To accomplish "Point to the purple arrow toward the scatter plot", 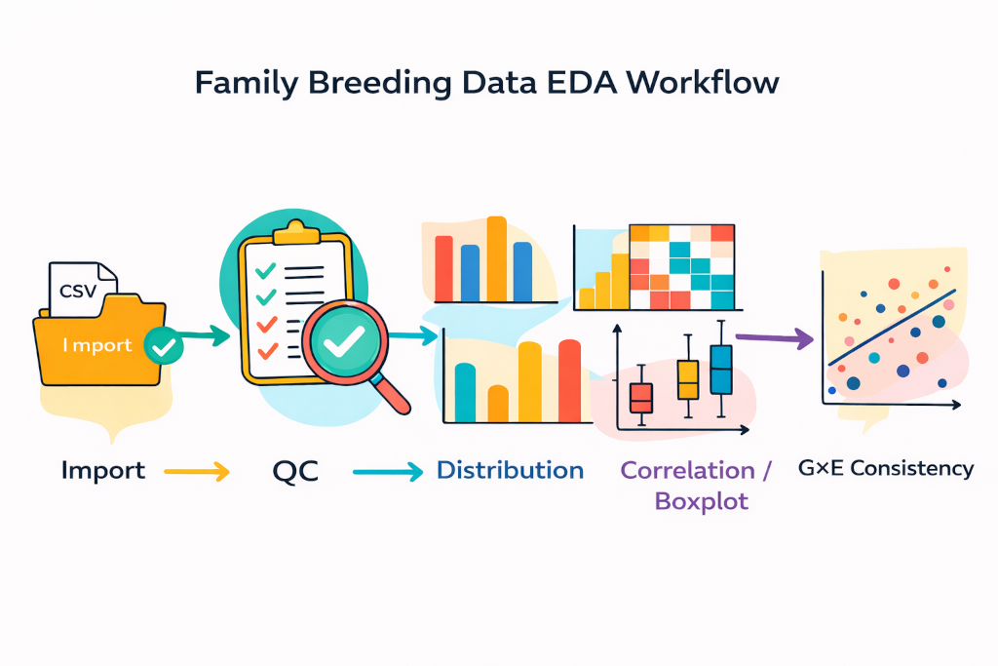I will click(x=775, y=337).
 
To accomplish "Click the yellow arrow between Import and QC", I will click(x=196, y=472).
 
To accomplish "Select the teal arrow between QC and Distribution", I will click(x=387, y=472).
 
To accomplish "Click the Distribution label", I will click(x=510, y=470).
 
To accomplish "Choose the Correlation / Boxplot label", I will click(x=696, y=485).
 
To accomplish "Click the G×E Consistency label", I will click(x=886, y=468).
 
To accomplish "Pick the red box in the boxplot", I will click(x=640, y=398).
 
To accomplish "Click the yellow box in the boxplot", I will click(x=688, y=378).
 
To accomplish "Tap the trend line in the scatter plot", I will click(x=892, y=327).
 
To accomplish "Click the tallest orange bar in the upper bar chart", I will click(x=496, y=258).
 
